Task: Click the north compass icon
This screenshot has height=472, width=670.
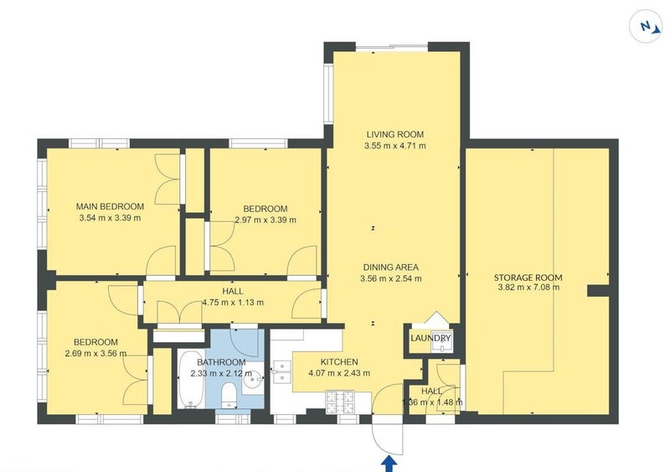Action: coord(646,27)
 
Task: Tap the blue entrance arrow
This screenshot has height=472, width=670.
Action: coord(389,464)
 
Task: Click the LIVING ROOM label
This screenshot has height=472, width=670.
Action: coord(394,134)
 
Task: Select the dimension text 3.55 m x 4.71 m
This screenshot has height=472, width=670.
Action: coord(394,146)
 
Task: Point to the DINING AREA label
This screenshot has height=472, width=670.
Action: coord(390,267)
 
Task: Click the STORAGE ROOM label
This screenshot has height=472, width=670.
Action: coord(528,277)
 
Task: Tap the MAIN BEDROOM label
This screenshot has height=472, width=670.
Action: coord(110,207)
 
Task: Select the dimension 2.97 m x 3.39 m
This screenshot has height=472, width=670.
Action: coord(265,220)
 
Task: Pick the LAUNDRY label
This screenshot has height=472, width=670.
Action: coord(430,339)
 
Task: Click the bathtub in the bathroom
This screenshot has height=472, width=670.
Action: coord(191,379)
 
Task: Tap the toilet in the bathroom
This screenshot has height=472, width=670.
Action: coord(229,395)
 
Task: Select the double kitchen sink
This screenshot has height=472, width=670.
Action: coord(282,372)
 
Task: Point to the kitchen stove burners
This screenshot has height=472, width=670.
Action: coord(340,402)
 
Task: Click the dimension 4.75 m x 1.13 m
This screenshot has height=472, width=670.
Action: coord(233,303)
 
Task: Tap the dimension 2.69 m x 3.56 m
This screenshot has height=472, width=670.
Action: coord(95,354)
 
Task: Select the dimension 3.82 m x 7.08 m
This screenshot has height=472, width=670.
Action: coord(528,288)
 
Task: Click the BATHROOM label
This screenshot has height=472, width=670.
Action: coord(221,362)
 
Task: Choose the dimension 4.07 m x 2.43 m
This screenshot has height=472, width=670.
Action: coord(339,373)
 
